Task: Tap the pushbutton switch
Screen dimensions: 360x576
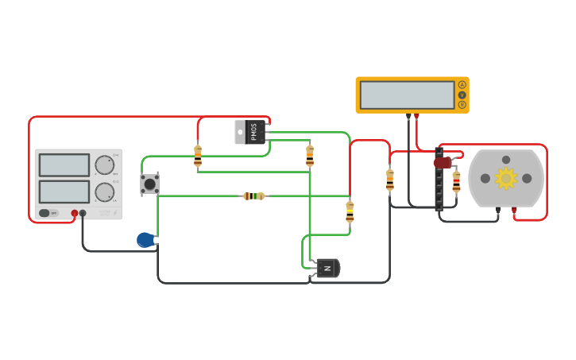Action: pos(149,184)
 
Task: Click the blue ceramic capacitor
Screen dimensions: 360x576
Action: pos(145,239)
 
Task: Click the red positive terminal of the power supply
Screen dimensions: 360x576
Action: pos(75,213)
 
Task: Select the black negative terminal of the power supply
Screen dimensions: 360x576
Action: pos(83,213)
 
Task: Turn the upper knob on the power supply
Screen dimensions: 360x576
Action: pos(104,165)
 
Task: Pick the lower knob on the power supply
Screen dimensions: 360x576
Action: pos(104,192)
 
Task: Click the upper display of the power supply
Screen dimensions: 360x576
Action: pos(64,165)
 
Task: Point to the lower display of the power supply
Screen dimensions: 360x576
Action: pos(64,192)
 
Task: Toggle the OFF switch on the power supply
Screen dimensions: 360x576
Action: pos(49,213)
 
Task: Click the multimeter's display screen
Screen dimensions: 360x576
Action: pos(407,95)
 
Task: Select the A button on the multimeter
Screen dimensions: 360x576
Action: pos(462,85)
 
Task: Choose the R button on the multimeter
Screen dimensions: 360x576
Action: pos(462,104)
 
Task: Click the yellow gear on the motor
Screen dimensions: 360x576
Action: pos(506,178)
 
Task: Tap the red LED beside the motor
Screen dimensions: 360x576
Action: pos(443,162)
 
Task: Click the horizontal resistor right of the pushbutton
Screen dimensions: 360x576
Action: pos(253,196)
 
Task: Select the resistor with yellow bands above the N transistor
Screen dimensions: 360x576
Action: pos(350,211)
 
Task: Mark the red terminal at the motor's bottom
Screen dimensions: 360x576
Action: pos(514,211)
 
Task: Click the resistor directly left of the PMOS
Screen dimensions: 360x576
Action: pos(198,155)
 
